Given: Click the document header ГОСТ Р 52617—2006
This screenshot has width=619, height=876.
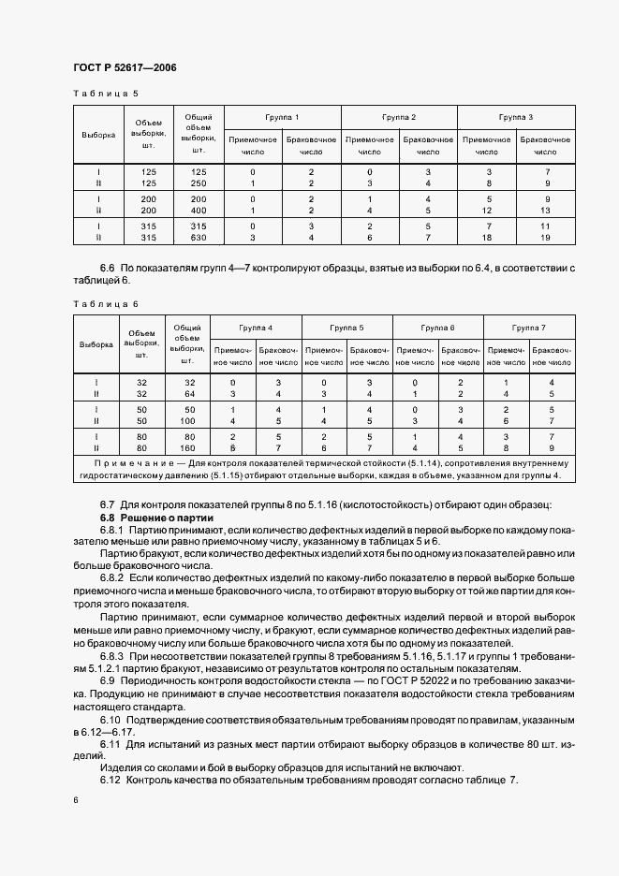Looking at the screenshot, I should click(124, 68).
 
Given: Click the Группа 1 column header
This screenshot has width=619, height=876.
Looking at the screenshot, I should click(282, 117).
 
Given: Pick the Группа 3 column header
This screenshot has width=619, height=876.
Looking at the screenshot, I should click(516, 117).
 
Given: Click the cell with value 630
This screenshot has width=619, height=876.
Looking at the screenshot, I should click(198, 238).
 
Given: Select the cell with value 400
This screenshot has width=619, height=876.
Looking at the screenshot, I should click(198, 211).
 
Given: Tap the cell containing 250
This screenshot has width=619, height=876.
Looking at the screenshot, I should click(198, 183).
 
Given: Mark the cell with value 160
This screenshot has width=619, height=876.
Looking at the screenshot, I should click(188, 448).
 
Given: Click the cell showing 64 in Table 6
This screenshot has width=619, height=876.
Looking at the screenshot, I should click(188, 394).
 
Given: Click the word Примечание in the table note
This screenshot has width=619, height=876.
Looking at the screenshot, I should click(128, 463).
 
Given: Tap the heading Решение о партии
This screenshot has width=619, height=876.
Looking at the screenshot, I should click(174, 518).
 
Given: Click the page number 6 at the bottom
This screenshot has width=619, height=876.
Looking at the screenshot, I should click(75, 800).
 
